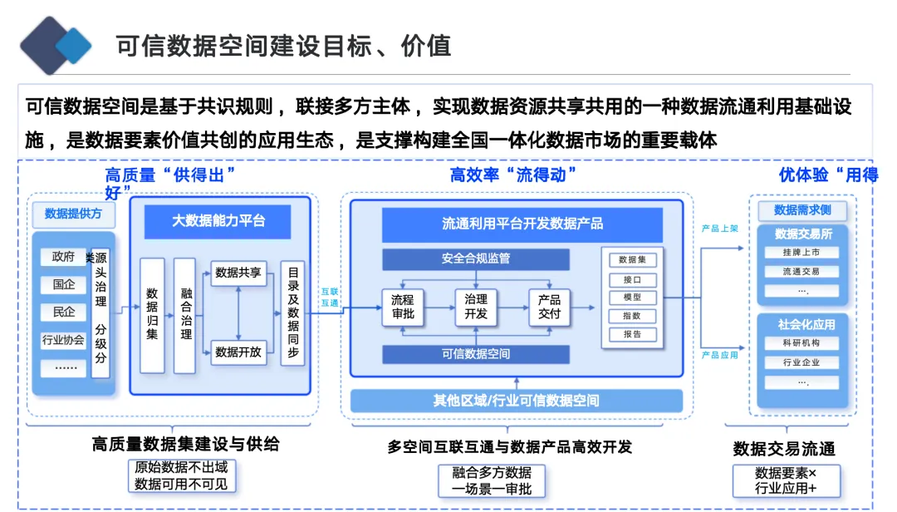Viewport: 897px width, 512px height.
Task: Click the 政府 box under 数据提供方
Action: tap(63, 258)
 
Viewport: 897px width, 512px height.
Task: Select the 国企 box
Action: tap(63, 285)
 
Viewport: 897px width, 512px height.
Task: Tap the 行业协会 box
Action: tap(63, 339)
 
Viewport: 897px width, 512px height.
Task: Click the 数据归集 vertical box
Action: tap(152, 315)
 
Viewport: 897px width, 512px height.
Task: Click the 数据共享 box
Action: tap(238, 273)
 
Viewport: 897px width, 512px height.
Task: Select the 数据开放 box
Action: tap(238, 352)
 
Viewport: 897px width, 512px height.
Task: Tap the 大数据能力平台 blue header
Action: tap(219, 221)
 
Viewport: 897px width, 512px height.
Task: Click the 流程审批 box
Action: tap(403, 307)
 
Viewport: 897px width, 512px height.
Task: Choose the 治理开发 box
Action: tap(476, 307)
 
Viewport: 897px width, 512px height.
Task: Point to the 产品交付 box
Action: tap(549, 307)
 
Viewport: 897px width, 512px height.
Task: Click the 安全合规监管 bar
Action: tap(476, 258)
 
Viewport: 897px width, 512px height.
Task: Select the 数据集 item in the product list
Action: tap(632, 261)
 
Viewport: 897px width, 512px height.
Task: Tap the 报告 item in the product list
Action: tap(632, 334)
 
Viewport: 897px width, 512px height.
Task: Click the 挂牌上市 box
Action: tap(801, 252)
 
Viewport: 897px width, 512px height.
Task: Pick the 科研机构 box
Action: tap(801, 343)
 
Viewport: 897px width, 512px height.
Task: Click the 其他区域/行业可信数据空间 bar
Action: tap(516, 401)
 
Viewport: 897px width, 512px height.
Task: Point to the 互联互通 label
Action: tap(330, 298)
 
